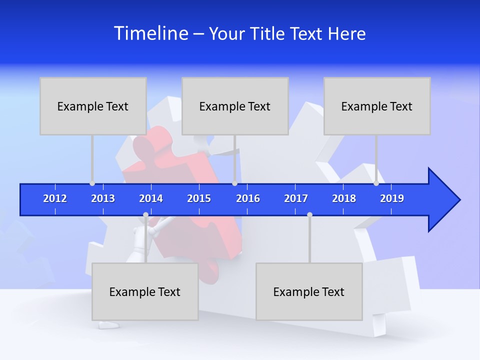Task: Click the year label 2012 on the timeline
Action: (55, 198)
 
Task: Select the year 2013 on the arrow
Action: (103, 198)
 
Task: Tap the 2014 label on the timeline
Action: (151, 198)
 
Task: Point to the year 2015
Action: (199, 198)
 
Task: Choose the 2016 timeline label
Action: (248, 198)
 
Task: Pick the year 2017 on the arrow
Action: (296, 198)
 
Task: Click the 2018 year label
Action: (344, 198)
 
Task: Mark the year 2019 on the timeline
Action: (392, 198)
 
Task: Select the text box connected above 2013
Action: (93, 106)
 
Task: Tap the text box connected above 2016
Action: (235, 106)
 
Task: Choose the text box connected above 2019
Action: (377, 106)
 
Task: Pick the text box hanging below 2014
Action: (145, 291)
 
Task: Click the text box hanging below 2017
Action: (309, 291)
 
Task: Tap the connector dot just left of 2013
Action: (92, 183)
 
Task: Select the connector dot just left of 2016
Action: (234, 183)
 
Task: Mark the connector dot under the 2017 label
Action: (309, 214)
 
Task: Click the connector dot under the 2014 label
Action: (145, 214)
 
